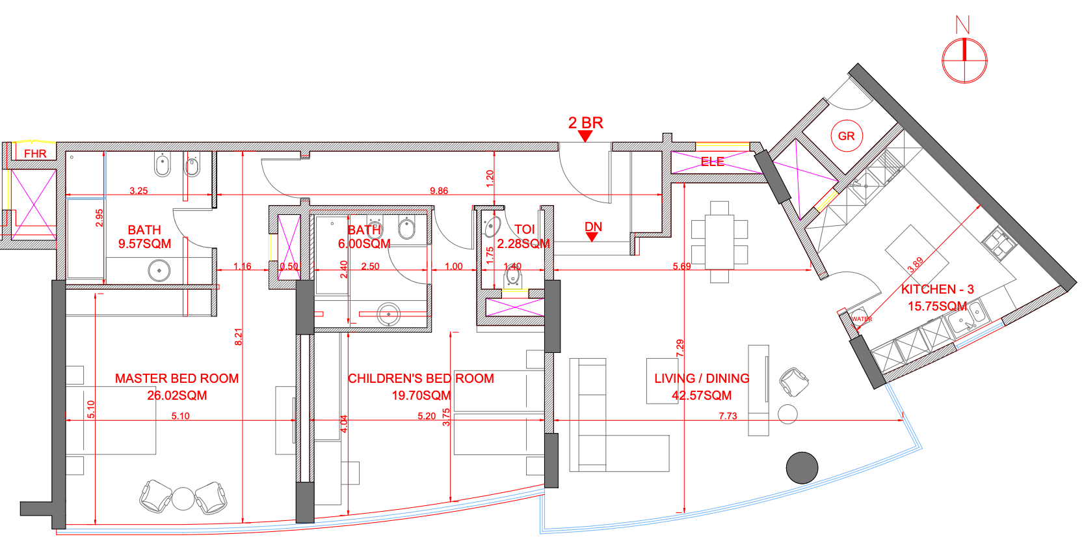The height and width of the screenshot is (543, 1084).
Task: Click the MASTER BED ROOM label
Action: pyautogui.click(x=177, y=378)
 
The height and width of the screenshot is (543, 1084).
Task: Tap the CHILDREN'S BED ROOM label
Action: pyautogui.click(x=421, y=378)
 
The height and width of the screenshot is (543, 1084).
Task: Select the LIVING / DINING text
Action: pyautogui.click(x=702, y=378)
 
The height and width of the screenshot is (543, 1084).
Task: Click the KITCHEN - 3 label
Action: pyautogui.click(x=938, y=289)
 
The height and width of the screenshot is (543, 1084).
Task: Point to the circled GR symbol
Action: pyautogui.click(x=847, y=136)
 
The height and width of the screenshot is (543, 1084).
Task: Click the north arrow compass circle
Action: pyautogui.click(x=964, y=61)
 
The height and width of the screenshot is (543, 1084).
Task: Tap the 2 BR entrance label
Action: pyautogui.click(x=585, y=122)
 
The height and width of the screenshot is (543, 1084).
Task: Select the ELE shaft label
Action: pyautogui.click(x=712, y=161)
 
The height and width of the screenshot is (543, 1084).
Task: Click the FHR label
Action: pyautogui.click(x=35, y=154)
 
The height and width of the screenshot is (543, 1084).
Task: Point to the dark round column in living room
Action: pyautogui.click(x=802, y=468)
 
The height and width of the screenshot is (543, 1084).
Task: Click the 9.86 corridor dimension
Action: pyautogui.click(x=439, y=191)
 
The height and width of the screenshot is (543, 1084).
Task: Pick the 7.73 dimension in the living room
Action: pyautogui.click(x=728, y=415)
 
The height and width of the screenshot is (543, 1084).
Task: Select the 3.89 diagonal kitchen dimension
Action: pyautogui.click(x=915, y=264)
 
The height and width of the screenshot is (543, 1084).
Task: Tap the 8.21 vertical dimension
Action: pyautogui.click(x=238, y=337)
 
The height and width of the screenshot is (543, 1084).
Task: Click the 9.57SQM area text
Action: pyautogui.click(x=145, y=244)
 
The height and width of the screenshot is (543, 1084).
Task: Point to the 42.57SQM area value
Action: pyautogui.click(x=702, y=395)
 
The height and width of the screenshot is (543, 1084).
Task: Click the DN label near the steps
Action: pyautogui.click(x=593, y=227)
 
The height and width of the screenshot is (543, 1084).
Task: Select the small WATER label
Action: pyautogui.click(x=862, y=319)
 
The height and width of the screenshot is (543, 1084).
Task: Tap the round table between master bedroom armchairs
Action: pyautogui.click(x=183, y=499)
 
